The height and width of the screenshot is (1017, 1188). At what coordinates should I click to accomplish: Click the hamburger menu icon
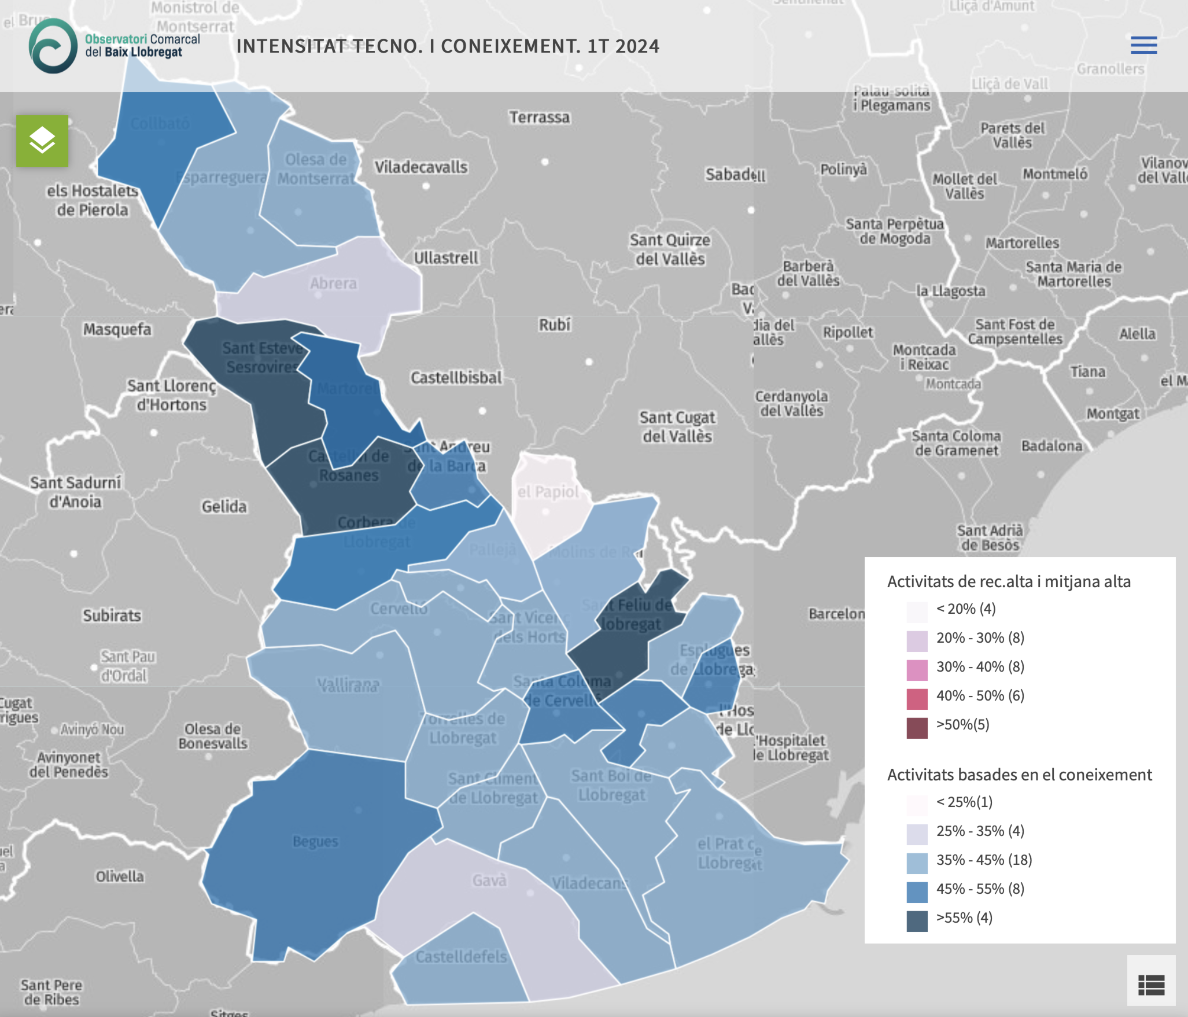coord(1143,45)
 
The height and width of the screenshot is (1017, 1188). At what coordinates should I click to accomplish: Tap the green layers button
coord(42,141)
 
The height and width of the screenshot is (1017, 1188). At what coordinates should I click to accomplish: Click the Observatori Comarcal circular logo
coord(53,46)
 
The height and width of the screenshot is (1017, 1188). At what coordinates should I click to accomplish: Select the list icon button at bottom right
coord(1150,984)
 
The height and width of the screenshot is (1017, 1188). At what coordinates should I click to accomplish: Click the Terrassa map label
coord(539,117)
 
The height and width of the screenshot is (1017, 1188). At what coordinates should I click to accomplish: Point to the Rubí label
coord(555,325)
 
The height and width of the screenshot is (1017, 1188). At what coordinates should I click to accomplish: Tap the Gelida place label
coord(224,507)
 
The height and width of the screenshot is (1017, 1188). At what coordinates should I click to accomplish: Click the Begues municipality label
coord(315,841)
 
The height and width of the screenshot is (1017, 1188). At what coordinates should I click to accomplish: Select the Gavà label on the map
coord(489,880)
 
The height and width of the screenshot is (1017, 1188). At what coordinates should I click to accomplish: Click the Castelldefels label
coord(461,957)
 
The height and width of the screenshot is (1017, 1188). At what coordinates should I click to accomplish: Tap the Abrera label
coord(333,283)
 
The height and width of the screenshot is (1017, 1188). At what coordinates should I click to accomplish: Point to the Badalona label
coord(1052,446)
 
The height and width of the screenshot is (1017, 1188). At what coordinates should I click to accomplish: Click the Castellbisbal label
coord(456,378)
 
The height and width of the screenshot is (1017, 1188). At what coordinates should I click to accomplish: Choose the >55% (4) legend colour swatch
coord(917,921)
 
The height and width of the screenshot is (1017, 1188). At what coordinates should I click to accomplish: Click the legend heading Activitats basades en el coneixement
coord(1019,775)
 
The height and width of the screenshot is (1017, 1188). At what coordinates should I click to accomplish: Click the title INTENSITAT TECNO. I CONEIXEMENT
coord(448,46)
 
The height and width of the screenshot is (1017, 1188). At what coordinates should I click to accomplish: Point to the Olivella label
coord(120,876)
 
